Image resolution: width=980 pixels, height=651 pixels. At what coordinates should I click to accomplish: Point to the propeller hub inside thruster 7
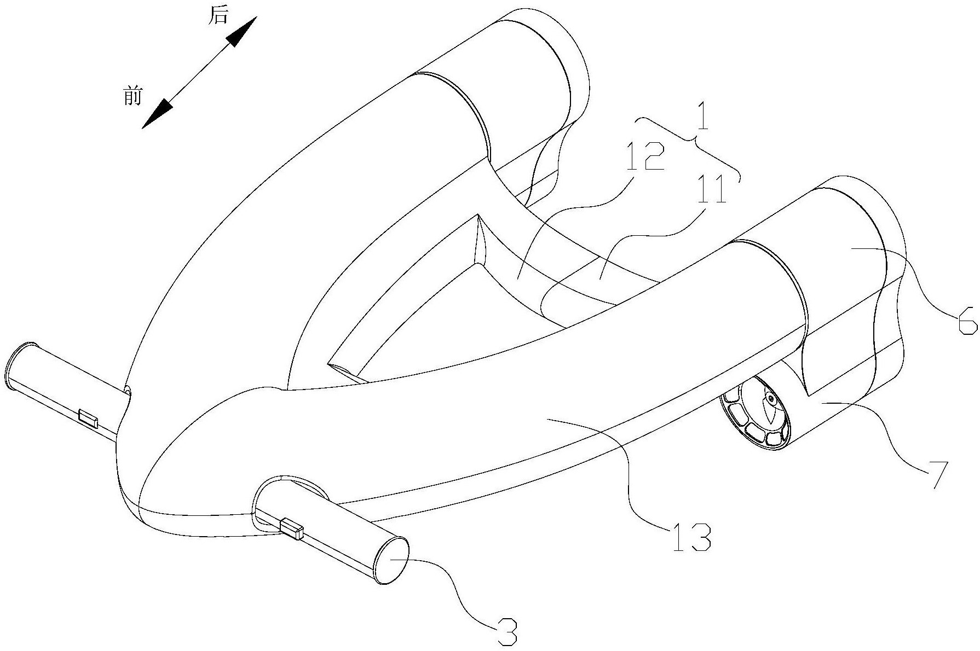click(771, 399)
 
